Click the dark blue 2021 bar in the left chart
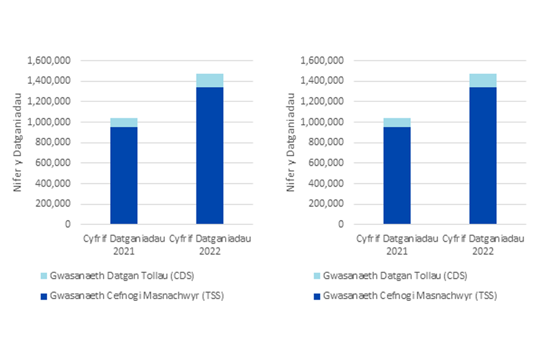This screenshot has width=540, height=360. click(x=124, y=175)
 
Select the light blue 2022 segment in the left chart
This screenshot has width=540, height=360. click(x=210, y=80)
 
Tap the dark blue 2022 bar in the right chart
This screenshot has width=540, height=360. click(x=483, y=155)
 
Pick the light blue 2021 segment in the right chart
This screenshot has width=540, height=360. click(x=397, y=123)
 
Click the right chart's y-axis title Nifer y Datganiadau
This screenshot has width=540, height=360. click(x=291, y=142)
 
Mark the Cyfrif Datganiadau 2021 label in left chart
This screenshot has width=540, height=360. click(x=124, y=244)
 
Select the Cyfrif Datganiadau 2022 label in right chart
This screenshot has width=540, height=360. click(x=483, y=244)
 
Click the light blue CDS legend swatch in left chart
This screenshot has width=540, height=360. click(x=44, y=276)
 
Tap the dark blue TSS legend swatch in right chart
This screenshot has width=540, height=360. click(x=318, y=295)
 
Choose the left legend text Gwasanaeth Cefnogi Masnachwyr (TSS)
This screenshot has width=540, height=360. click(x=137, y=295)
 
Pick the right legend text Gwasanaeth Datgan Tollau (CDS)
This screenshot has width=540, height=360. click(x=395, y=276)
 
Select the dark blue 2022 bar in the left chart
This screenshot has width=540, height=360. click(x=210, y=155)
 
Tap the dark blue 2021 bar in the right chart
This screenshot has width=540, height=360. click(x=397, y=175)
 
